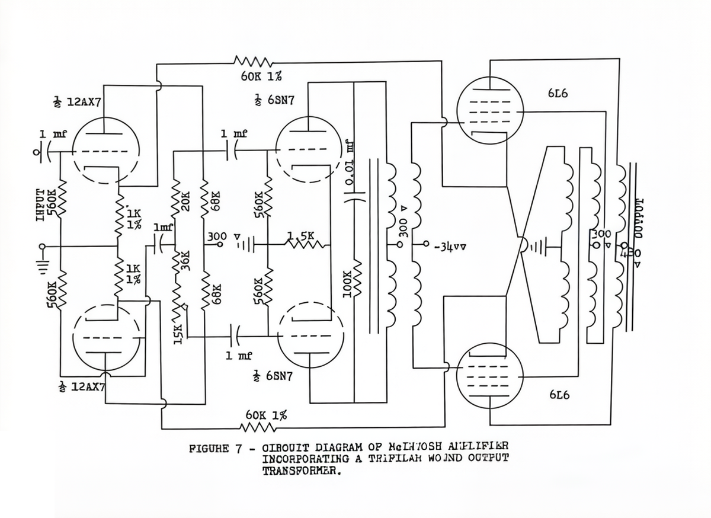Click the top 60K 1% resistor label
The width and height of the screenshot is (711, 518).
pos(261,76)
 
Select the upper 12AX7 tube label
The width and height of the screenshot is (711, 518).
pos(78,101)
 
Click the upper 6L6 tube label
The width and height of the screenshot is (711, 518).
pos(559,94)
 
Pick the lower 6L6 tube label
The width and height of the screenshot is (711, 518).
pos(559,395)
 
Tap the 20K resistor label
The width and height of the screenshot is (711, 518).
pos(185,202)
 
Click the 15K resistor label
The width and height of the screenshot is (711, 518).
pos(177,330)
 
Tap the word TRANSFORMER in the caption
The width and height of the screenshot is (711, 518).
pos(302,472)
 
